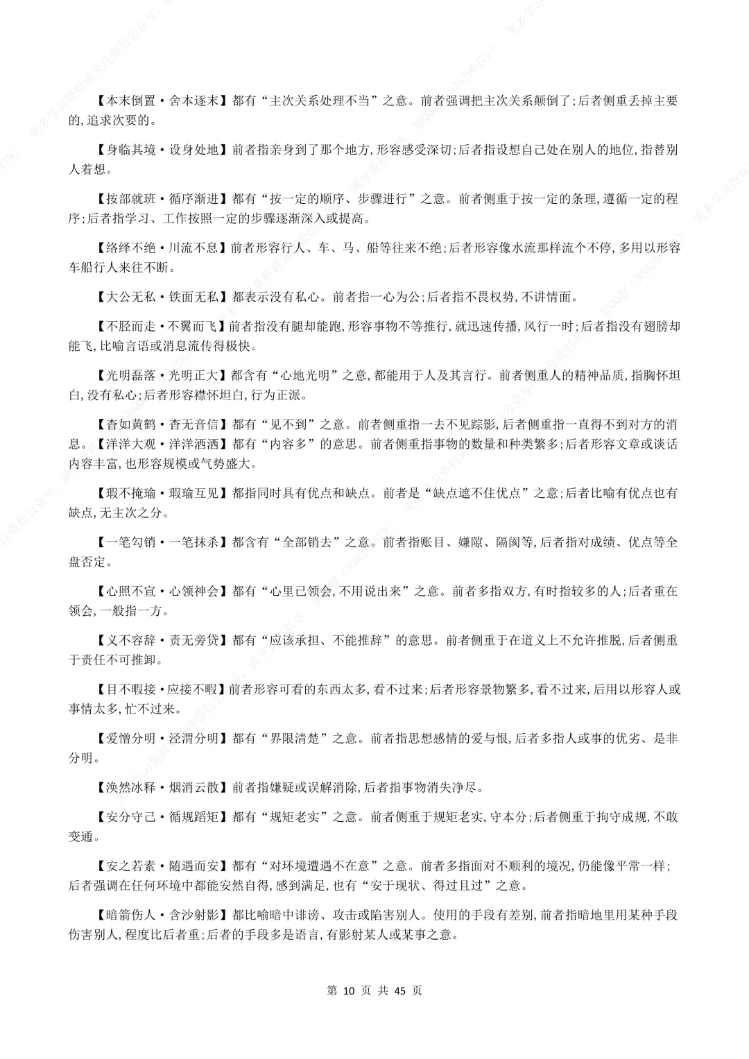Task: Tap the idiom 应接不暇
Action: point(192,689)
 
